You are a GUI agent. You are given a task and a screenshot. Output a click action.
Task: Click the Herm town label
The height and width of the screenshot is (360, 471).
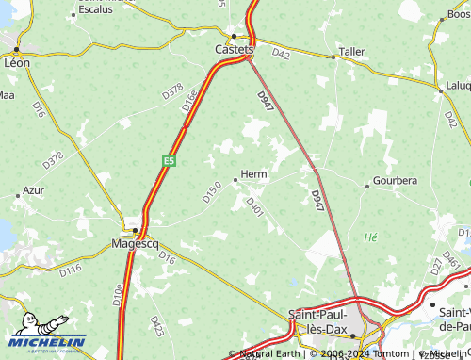coord(254,174)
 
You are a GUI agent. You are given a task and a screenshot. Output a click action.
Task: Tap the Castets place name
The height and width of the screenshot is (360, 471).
coord(235,49)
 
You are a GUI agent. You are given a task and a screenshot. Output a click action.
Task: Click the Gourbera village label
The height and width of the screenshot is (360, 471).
coord(395,180)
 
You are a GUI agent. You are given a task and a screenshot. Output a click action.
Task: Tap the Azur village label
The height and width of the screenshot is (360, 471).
coord(34,189)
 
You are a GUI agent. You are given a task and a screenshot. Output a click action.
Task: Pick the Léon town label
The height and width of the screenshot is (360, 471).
coord(17,62)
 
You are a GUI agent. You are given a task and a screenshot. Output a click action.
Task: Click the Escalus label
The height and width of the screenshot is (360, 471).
coord(94,9)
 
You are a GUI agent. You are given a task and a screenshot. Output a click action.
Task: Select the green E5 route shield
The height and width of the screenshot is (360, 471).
coord(169,161)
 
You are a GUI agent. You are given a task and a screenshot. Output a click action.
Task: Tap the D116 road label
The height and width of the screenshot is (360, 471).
coord(71,271)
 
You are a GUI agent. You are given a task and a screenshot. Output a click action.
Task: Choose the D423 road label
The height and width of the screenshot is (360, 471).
coord(157,326)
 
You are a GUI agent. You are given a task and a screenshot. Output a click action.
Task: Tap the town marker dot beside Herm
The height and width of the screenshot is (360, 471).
coord(235,179)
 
